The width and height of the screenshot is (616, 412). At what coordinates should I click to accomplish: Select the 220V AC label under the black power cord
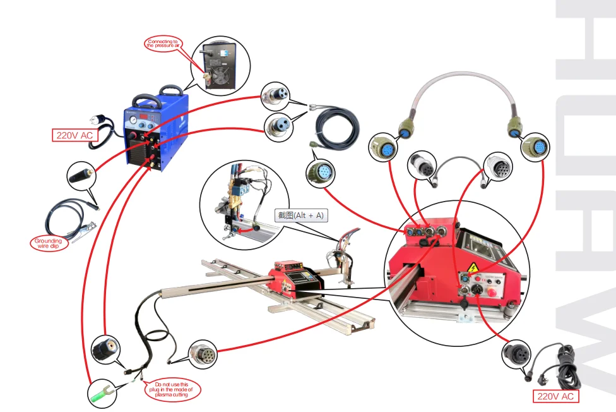(555, 396)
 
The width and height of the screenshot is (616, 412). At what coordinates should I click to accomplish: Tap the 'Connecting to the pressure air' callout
(163, 44)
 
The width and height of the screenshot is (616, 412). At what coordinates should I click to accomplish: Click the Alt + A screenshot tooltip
(301, 215)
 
